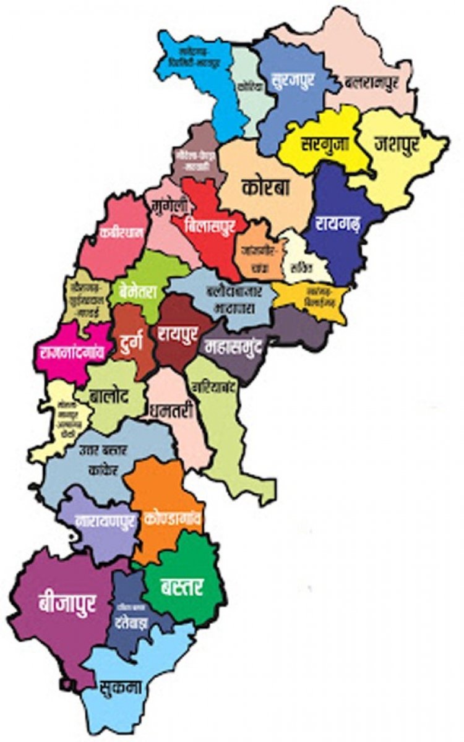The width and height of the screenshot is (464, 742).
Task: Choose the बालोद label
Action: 108,397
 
